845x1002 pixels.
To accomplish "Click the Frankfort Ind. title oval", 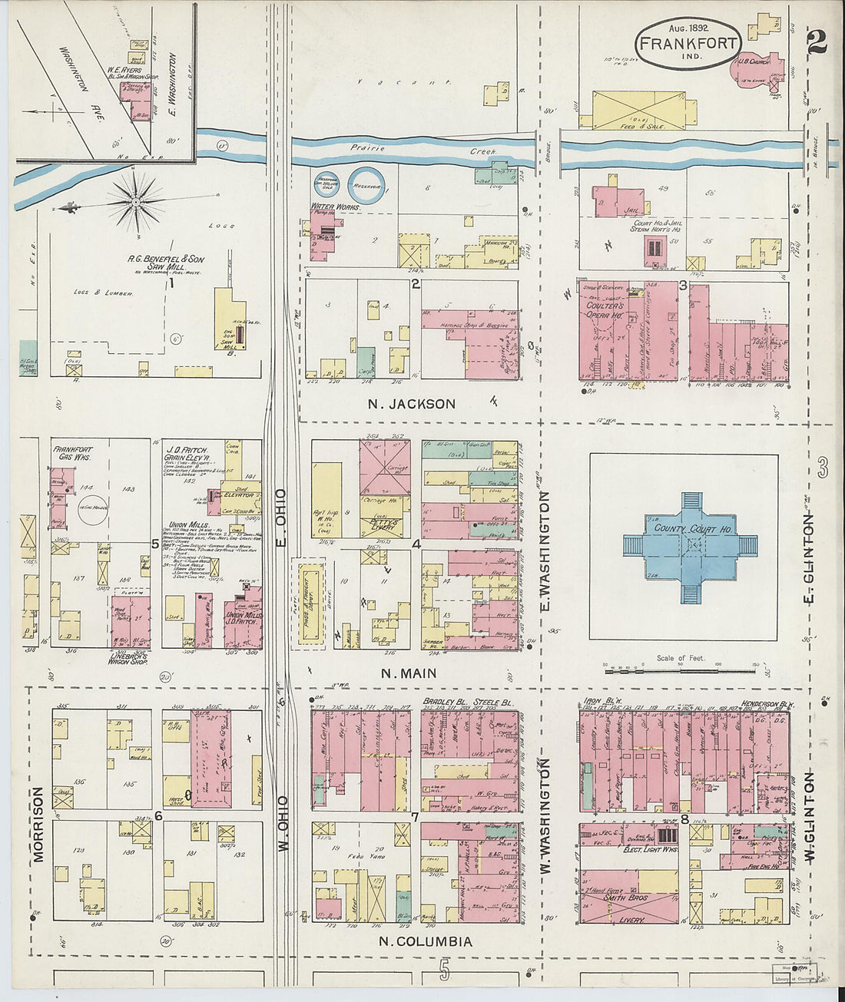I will pyautogui.click(x=688, y=43).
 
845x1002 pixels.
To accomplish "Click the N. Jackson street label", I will pyautogui.click(x=411, y=404).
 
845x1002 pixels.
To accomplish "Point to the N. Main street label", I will pyautogui.click(x=409, y=673).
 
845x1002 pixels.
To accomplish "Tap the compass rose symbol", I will pyautogui.click(x=135, y=202).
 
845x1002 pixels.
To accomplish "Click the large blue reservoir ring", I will pyautogui.click(x=366, y=185).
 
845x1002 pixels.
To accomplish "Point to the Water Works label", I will pyautogui.click(x=330, y=207).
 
